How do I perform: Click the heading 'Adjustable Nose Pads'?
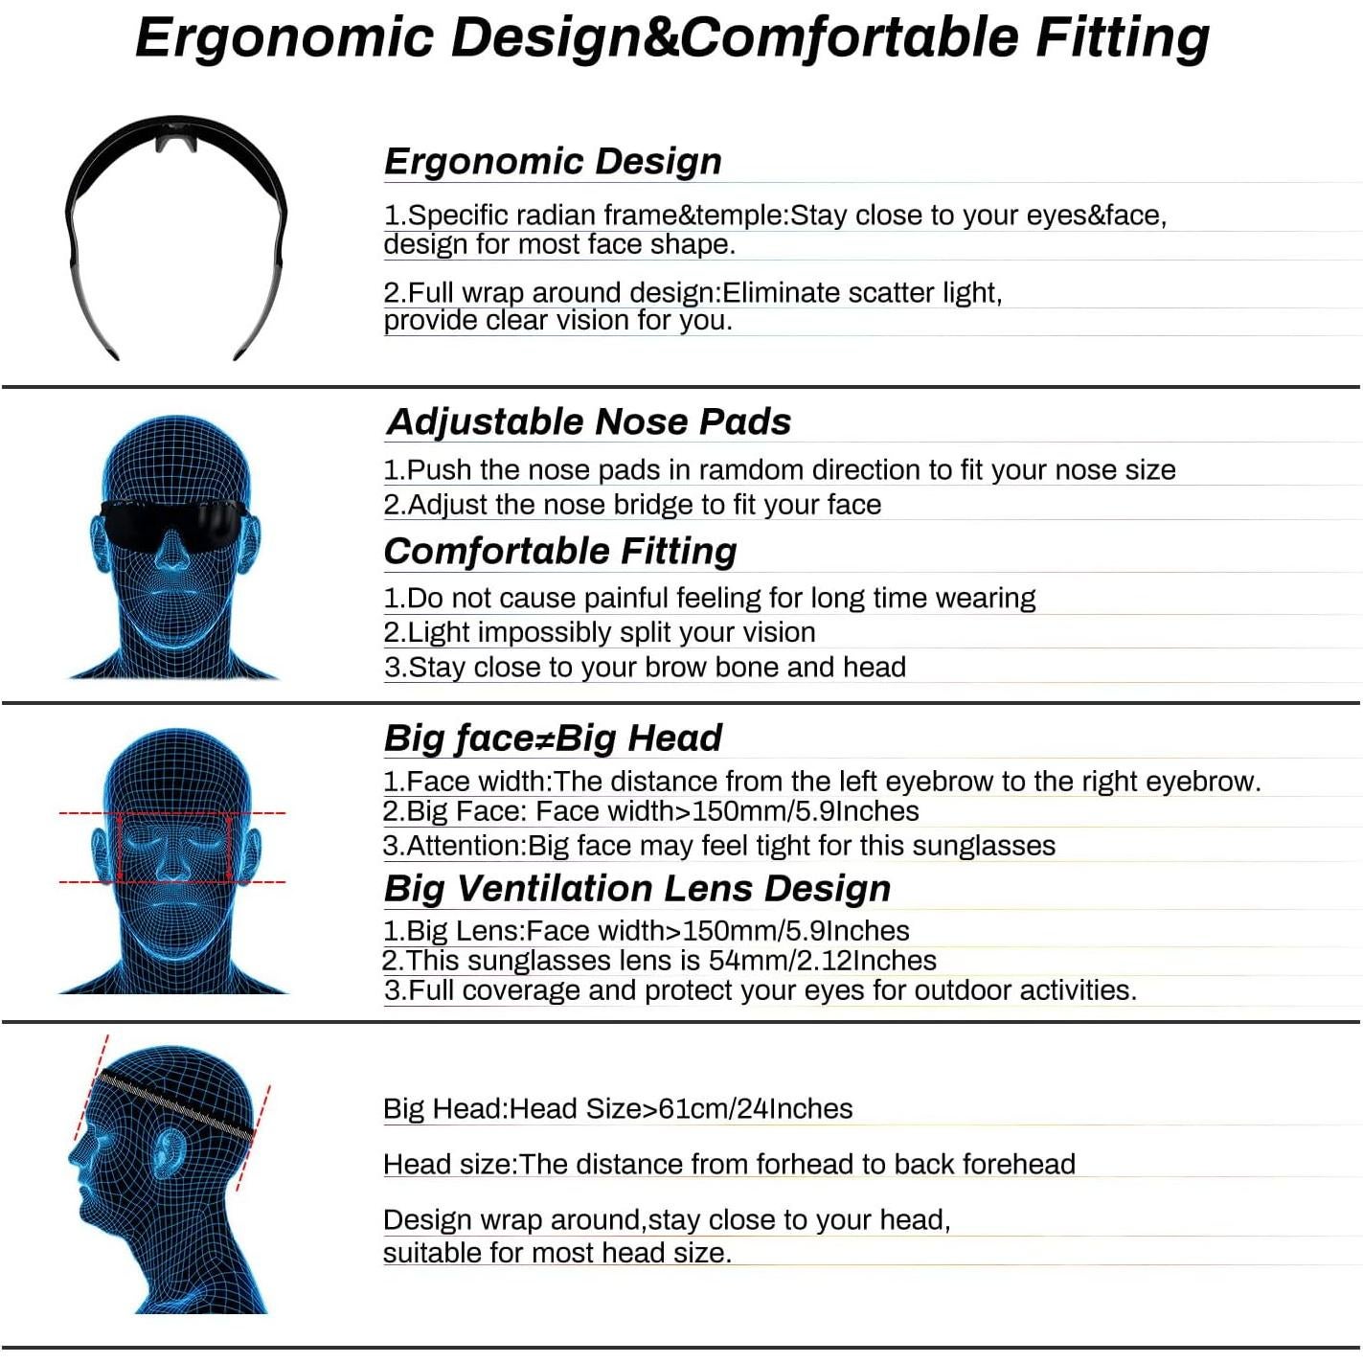coord(588,421)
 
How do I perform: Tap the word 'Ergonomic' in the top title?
coord(284,38)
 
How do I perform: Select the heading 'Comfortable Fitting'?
coord(560,551)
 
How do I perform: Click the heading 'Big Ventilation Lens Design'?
coord(637,888)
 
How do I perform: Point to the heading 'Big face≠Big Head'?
coord(553,738)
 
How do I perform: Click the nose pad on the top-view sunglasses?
coord(176,142)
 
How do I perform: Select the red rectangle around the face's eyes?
coord(173,848)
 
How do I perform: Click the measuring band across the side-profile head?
coord(177,1106)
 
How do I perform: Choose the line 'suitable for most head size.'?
coord(557,1252)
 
